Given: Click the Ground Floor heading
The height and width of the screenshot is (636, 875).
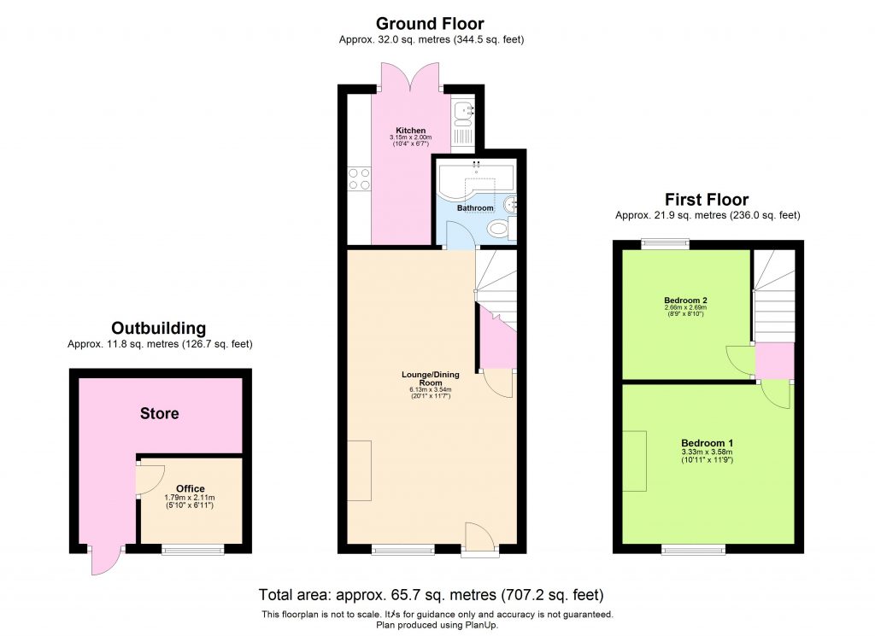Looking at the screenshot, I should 430,24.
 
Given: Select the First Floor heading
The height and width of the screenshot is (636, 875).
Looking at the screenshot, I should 707,200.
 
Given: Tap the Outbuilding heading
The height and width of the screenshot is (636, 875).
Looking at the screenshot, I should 159,329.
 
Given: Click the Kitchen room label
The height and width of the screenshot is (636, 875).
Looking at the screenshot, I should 410,131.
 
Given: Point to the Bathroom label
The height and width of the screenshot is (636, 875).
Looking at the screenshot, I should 475,208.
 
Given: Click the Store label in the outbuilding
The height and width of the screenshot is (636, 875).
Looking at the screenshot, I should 160,414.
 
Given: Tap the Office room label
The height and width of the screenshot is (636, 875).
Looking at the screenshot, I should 191,489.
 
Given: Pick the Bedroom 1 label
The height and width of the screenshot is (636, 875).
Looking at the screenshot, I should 707,443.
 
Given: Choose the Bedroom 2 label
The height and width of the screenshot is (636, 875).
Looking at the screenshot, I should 685,300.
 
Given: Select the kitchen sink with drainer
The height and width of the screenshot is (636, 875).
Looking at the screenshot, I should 462,123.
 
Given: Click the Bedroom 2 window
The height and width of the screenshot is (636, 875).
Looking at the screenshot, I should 666,244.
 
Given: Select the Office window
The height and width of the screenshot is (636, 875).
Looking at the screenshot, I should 191,550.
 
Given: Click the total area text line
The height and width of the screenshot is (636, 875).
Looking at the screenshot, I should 432,594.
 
